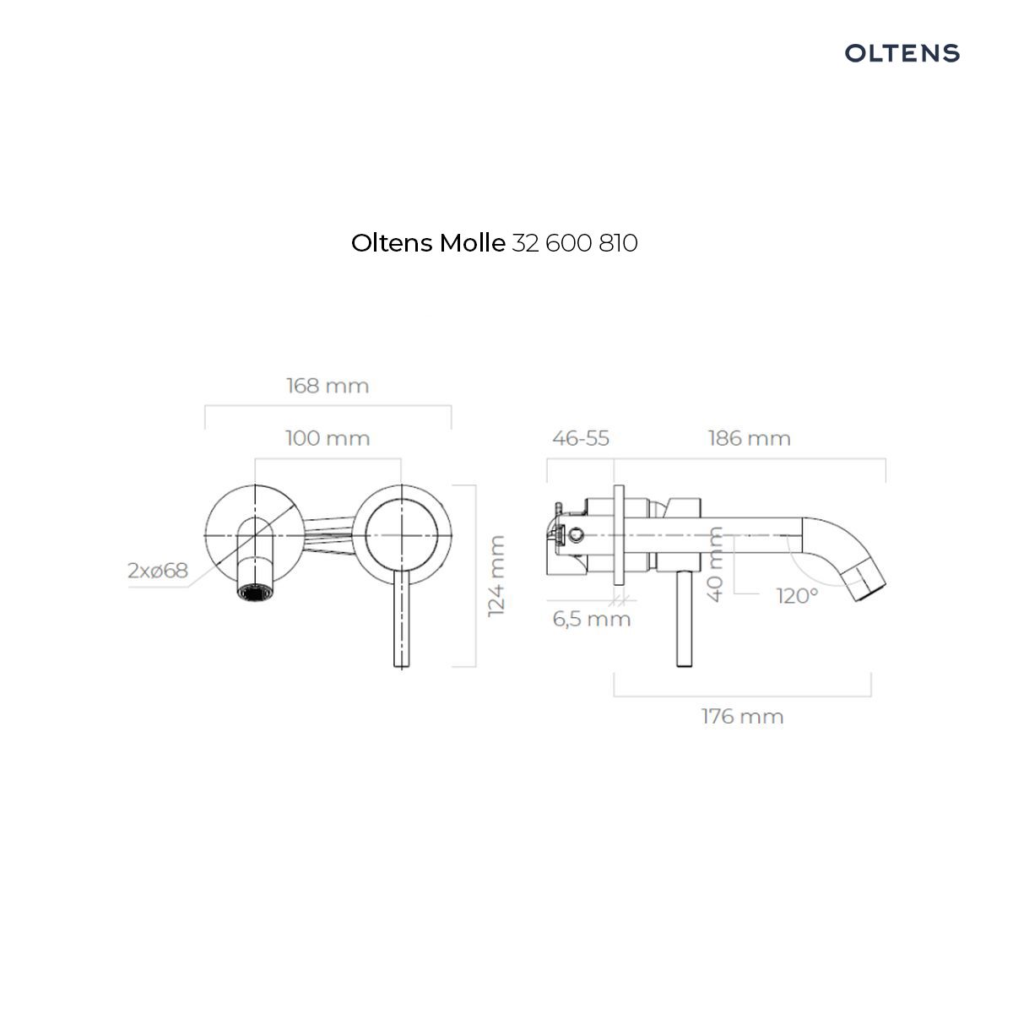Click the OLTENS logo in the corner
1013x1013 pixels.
902,53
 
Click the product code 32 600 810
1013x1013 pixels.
575,243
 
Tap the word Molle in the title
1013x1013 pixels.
472,243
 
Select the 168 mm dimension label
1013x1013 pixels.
328,386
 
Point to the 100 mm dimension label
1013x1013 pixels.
328,438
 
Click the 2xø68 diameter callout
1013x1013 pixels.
158,571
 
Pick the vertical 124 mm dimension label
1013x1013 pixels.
496,577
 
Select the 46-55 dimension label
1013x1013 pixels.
580,438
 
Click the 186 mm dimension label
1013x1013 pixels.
749,438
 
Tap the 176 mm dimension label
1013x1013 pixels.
742,717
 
